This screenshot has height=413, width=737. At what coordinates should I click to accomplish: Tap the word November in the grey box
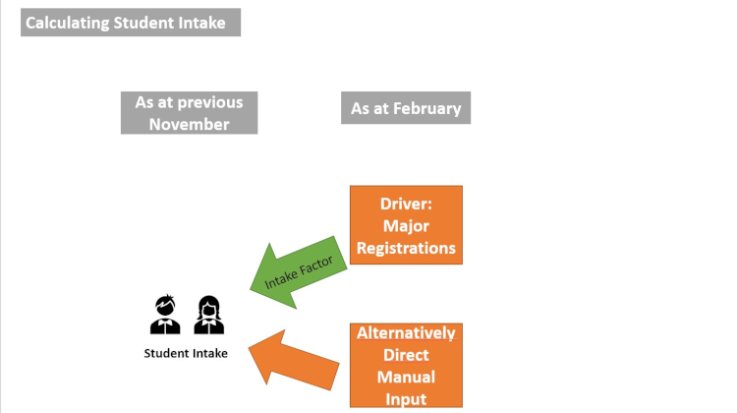pyautogui.click(x=190, y=124)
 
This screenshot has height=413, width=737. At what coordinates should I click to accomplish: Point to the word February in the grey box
pyautogui.click(x=425, y=108)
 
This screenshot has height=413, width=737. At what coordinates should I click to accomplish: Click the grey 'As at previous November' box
pyautogui.click(x=190, y=113)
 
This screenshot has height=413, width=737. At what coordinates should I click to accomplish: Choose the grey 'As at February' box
pyautogui.click(x=406, y=108)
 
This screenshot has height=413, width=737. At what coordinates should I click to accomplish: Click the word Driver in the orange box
pyautogui.click(x=405, y=205)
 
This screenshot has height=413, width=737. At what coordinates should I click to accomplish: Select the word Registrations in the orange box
pyautogui.click(x=406, y=248)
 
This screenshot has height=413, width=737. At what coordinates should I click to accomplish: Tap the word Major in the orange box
pyautogui.click(x=406, y=226)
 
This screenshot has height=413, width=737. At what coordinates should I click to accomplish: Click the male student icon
pyautogui.click(x=165, y=315)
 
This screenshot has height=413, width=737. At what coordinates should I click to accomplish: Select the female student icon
pyautogui.click(x=208, y=315)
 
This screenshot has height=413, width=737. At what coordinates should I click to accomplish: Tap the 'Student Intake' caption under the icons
pyautogui.click(x=186, y=353)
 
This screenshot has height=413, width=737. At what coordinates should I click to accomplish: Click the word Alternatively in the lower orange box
pyautogui.click(x=406, y=333)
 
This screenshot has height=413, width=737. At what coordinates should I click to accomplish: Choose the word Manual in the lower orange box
pyautogui.click(x=406, y=377)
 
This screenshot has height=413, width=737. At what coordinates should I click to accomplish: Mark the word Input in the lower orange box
pyautogui.click(x=406, y=398)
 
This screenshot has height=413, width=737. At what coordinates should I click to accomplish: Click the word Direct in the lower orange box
pyautogui.click(x=406, y=355)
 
